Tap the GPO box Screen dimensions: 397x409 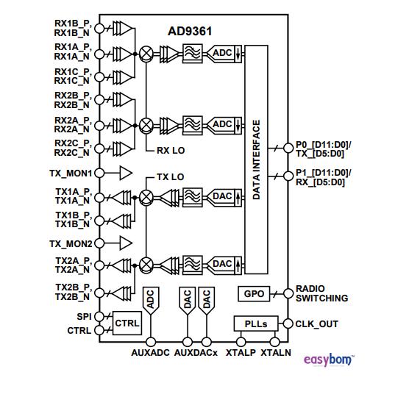(253, 294)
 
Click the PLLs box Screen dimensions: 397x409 (251, 323)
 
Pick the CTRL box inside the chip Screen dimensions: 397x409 (126, 323)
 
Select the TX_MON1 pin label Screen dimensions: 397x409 (70, 174)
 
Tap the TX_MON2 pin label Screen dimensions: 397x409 (70, 243)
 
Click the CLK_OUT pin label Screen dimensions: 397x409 (317, 323)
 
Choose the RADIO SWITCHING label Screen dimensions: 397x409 (321, 294)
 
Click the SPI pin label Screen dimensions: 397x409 (82, 317)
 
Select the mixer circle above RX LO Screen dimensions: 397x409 (147, 124)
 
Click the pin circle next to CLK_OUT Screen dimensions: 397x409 (287, 323)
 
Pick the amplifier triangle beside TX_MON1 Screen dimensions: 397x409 (126, 174)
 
